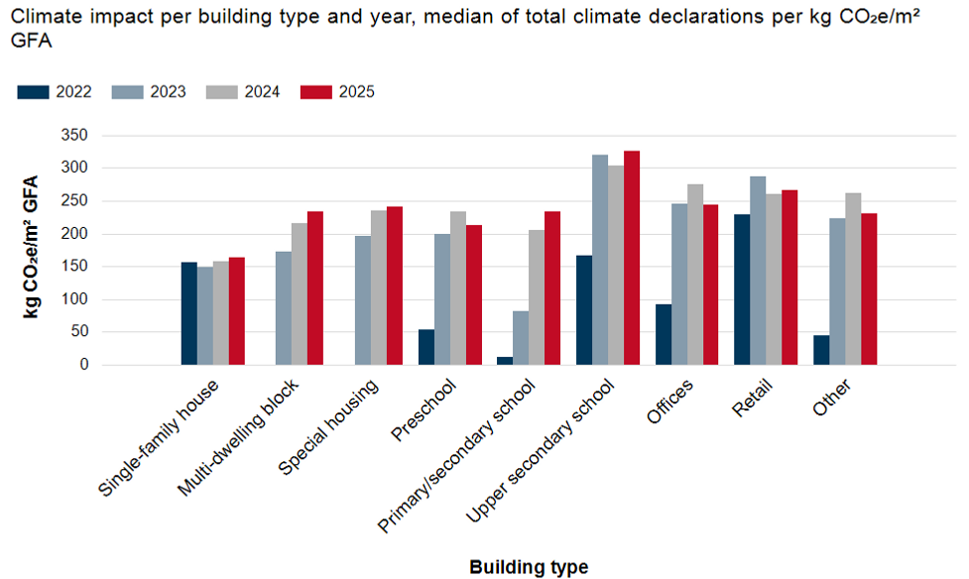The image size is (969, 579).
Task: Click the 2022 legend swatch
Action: (33, 92)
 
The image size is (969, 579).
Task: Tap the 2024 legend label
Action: (262, 92)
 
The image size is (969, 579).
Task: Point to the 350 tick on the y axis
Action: (74, 136)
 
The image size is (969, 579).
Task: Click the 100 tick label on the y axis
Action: (74, 299)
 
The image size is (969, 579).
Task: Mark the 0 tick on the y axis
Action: (83, 365)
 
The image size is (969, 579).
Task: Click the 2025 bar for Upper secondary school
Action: (632, 258)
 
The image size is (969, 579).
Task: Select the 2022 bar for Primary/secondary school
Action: (506, 361)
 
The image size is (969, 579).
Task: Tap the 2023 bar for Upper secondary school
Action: (600, 260)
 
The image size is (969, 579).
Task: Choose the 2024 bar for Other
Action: (853, 279)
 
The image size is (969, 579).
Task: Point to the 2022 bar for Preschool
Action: (426, 347)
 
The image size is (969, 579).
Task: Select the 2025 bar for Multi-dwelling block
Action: (315, 289)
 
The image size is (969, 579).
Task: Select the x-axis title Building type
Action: (528, 567)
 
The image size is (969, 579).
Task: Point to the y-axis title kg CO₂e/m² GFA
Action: (32, 248)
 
